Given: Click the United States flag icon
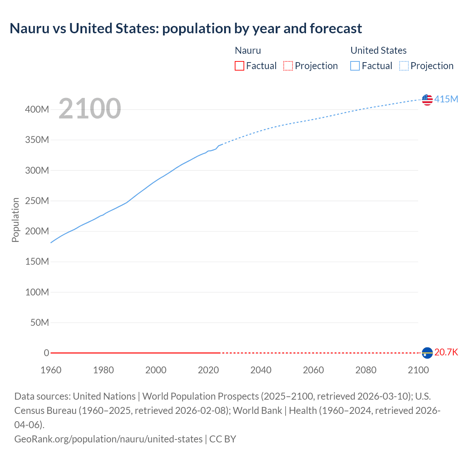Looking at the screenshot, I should pos(427,99).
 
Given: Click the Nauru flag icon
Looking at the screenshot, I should pos(427,352).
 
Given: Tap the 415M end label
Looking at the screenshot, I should pos(446,99).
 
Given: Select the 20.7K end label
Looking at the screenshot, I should pos(446,352).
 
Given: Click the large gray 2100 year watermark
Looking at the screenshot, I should pos(90,109).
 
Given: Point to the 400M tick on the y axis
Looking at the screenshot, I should pos(37,110).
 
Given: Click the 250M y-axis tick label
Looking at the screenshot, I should pos(37,201).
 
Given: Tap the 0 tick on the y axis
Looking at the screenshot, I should pos(46,353).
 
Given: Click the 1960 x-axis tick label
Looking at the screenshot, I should pos(51,370).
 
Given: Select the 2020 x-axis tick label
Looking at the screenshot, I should pos(208,370).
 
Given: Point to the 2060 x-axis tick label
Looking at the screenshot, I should pos(313,370).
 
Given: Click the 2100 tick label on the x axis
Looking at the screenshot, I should pos(418,370).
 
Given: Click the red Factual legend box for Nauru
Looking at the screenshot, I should pos(239,66).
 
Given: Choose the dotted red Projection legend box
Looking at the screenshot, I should pos(288,66).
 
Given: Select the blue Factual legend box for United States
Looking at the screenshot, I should pos(355,66).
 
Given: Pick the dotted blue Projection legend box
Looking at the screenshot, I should pos(404,66).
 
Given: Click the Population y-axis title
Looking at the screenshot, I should pos(15,220).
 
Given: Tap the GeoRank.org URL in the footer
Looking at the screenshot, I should pos(108,439).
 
